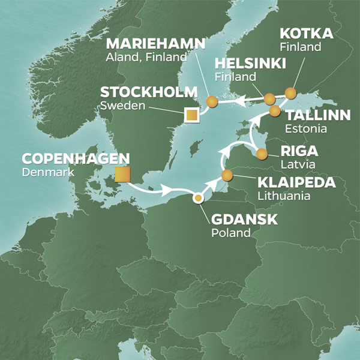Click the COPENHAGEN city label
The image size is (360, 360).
pyautogui.click(x=76, y=159)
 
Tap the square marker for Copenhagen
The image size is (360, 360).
pyautogui.click(x=123, y=175)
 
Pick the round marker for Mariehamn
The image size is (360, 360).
pyautogui.click(x=211, y=102)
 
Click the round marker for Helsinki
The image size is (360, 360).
pyautogui.click(x=269, y=99)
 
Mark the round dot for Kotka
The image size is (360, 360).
pyautogui.click(x=290, y=93)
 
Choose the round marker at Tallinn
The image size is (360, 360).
pyautogui.click(x=275, y=111)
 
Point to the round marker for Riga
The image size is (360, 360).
pyautogui.click(x=262, y=154)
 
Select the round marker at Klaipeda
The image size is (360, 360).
pyautogui.click(x=227, y=175)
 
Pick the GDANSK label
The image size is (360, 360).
pyautogui.click(x=244, y=220)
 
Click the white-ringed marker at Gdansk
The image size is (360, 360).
pyautogui.click(x=198, y=198)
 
